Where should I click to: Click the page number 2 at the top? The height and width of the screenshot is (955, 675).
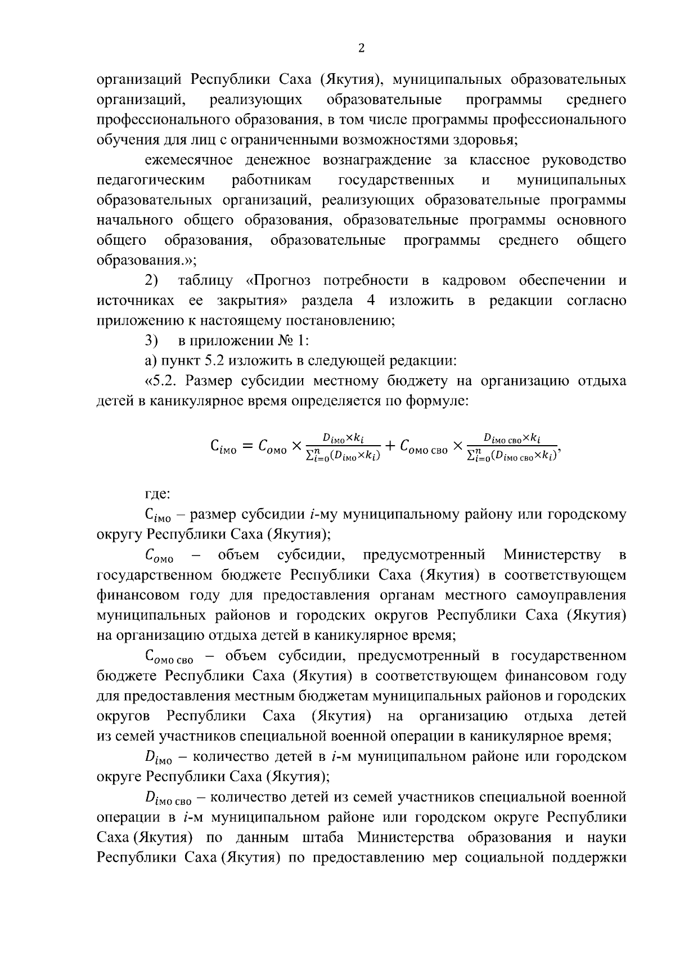(361, 49)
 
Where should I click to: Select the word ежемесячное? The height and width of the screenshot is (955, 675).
(189, 160)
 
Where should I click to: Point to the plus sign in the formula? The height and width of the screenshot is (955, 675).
(390, 448)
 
